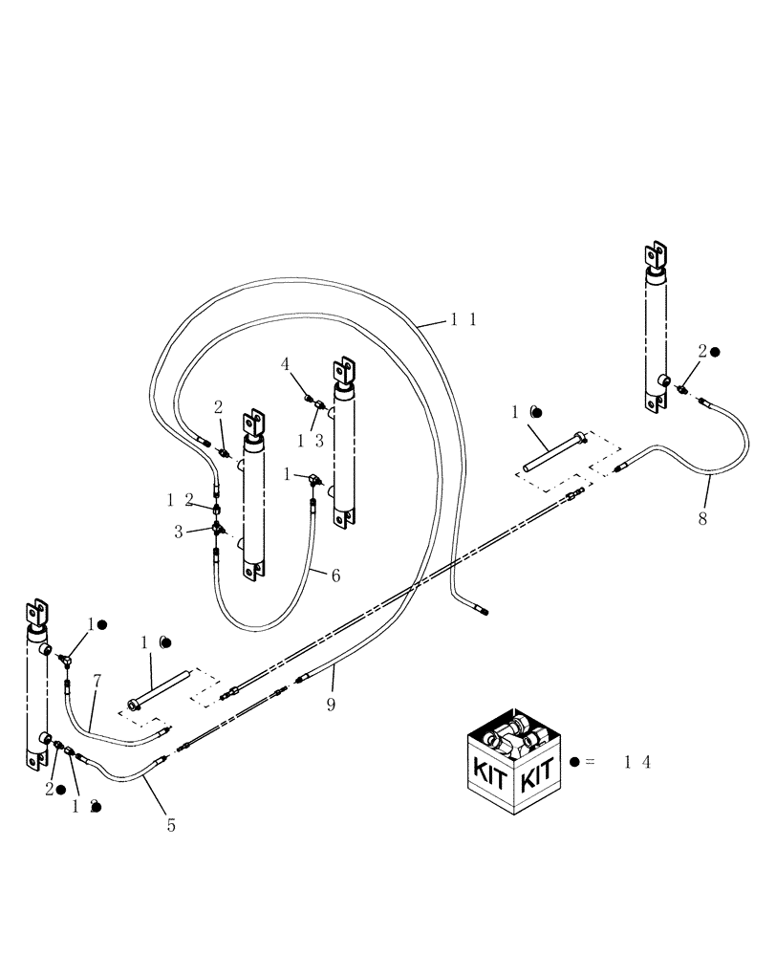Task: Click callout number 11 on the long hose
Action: [x=463, y=321]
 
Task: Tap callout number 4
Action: [x=286, y=363]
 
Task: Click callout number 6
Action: [x=335, y=576]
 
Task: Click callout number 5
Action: [x=171, y=824]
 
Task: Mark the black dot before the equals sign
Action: [x=573, y=761]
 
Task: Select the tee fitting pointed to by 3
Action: [x=218, y=529]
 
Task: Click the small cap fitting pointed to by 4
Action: [x=309, y=396]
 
